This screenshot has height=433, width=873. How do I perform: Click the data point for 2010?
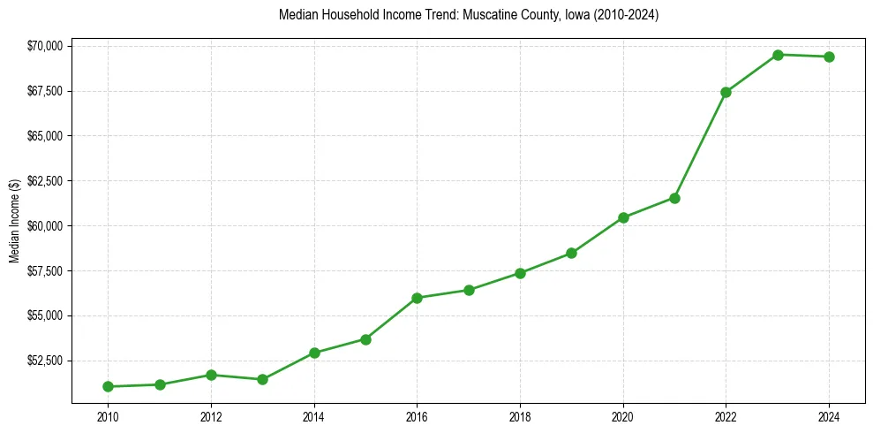point(108,386)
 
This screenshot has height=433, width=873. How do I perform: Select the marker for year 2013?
point(262,379)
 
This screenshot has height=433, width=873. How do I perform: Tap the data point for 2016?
point(417,298)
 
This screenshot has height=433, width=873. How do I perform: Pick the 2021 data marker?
point(674,198)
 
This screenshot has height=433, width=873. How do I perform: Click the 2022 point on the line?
point(726,92)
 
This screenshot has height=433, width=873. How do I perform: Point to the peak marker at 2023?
point(778,55)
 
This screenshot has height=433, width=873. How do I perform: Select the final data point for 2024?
point(829,57)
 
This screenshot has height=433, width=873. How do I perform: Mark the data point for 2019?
point(571,253)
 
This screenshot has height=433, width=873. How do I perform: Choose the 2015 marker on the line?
point(365,339)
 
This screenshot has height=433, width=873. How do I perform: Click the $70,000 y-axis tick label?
point(43,46)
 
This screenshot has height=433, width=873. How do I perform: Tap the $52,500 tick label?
point(43,361)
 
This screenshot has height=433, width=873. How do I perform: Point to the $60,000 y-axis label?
point(43,226)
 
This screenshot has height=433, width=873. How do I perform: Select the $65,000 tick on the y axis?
point(43,136)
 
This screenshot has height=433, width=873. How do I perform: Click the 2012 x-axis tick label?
point(210,415)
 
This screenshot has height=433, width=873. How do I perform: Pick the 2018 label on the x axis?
point(520,415)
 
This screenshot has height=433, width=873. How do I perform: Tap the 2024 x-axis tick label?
point(829,415)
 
